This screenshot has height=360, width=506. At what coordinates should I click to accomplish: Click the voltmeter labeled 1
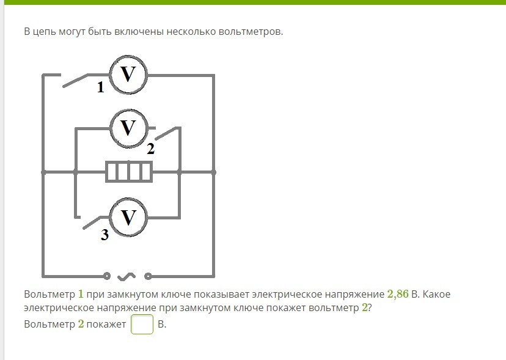click(x=128, y=75)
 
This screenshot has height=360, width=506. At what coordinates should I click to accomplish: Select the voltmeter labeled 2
click(x=128, y=128)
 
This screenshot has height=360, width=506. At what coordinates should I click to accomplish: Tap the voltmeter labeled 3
click(x=128, y=218)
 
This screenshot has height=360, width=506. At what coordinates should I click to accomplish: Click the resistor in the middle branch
click(x=128, y=172)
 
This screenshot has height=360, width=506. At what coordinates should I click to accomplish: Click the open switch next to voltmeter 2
click(x=167, y=133)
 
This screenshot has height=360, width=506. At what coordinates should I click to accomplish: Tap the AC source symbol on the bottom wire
click(x=127, y=276)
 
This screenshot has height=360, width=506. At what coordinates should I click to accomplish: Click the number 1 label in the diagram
click(x=100, y=89)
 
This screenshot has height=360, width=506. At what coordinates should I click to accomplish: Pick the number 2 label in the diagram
click(x=150, y=149)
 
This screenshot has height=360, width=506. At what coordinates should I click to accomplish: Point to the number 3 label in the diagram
click(x=105, y=235)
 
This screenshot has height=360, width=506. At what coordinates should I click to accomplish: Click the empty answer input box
click(x=142, y=325)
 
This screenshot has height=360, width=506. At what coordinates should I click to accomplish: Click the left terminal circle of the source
click(x=107, y=276)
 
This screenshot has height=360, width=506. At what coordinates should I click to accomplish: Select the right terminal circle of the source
click(x=147, y=276)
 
